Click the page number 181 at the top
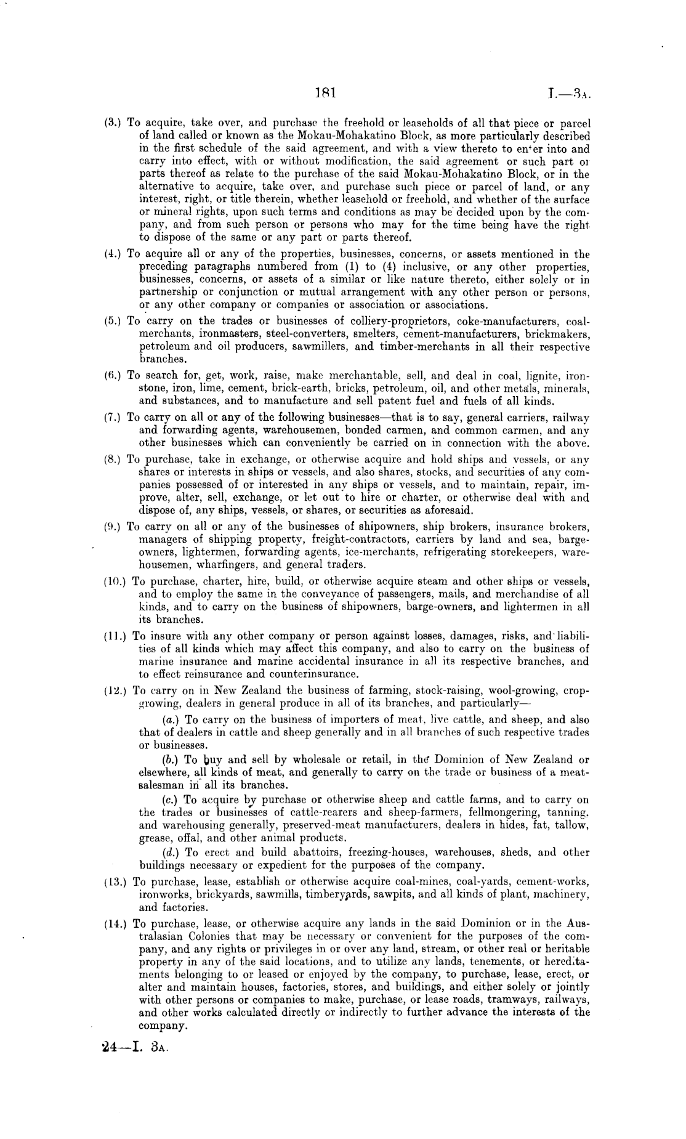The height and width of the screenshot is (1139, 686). pyautogui.click(x=324, y=93)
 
